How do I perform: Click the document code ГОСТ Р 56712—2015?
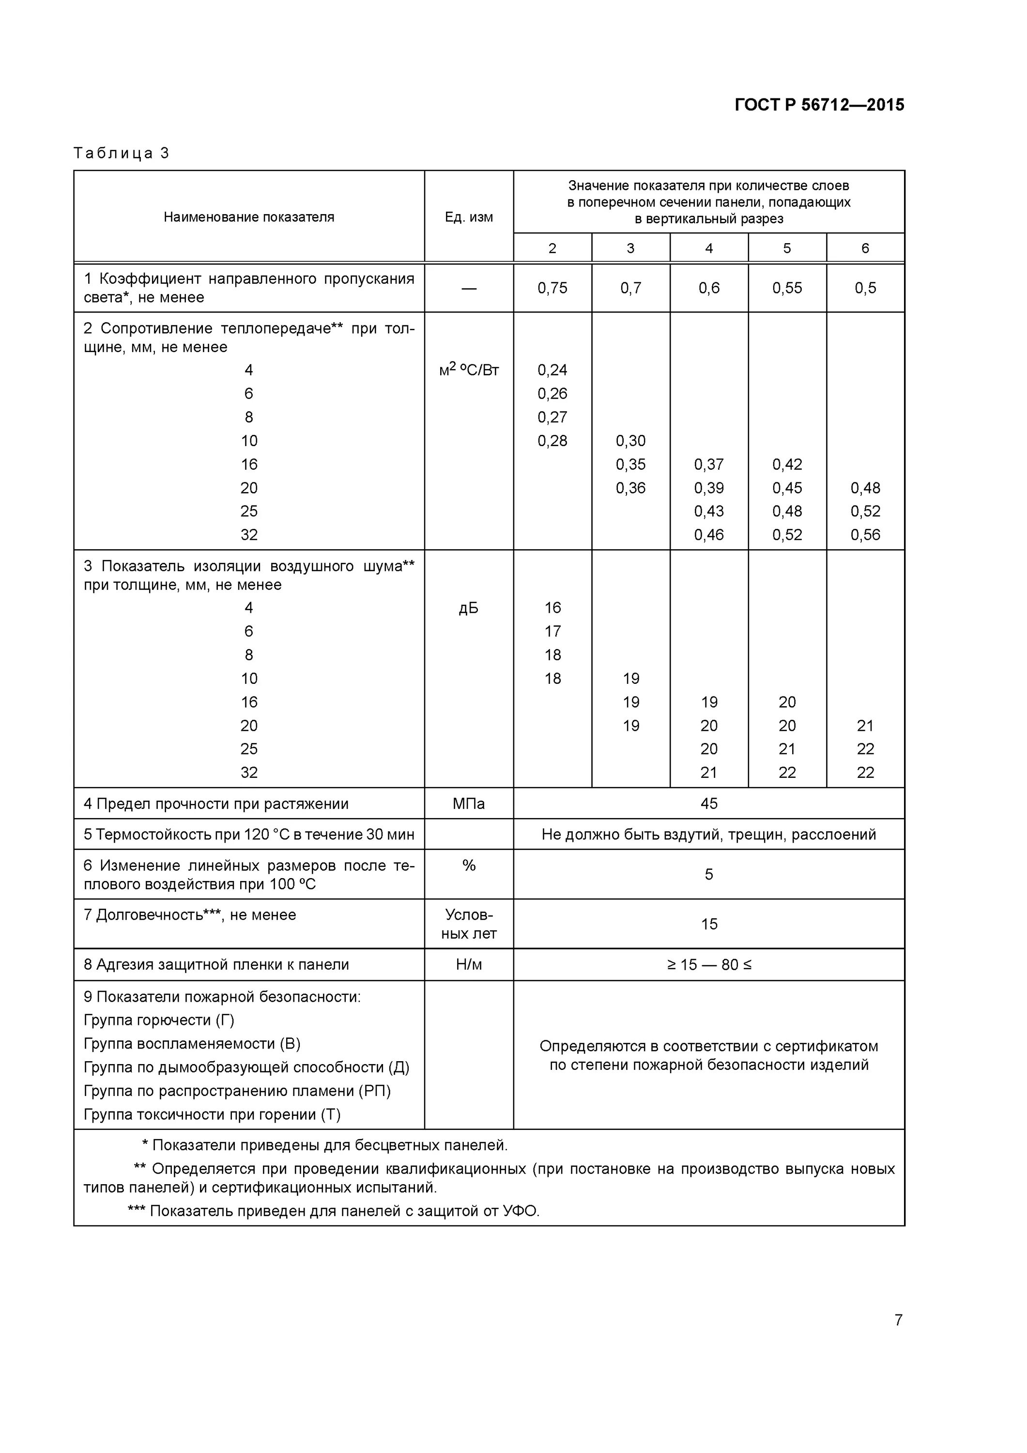[x=819, y=105]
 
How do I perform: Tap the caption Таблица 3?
[x=122, y=153]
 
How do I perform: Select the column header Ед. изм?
[x=468, y=217]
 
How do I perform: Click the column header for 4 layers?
[x=709, y=248]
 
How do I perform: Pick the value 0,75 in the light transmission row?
[x=552, y=288]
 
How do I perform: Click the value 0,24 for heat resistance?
[x=552, y=370]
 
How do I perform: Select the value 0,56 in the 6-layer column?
[x=865, y=535]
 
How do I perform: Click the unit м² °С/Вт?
[x=468, y=370]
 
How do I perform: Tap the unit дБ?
[x=468, y=608]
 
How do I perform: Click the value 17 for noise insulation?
[x=552, y=631]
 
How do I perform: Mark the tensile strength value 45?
[x=709, y=803]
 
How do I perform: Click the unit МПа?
[x=468, y=804]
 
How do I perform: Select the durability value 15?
[x=709, y=924]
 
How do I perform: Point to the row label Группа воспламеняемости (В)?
[x=192, y=1044]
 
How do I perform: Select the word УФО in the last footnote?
[x=520, y=1211]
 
